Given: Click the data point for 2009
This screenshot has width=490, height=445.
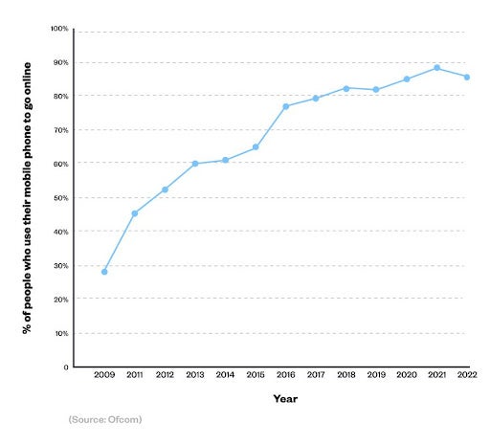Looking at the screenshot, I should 104,272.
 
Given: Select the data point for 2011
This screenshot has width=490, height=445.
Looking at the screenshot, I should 135,213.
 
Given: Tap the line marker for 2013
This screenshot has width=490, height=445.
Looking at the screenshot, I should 194,164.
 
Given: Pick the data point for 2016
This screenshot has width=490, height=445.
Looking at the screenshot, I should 285,106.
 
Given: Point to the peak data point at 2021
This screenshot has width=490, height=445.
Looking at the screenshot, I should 436,68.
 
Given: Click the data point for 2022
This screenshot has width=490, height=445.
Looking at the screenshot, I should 466,78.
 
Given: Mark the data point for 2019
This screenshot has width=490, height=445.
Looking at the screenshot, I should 376,90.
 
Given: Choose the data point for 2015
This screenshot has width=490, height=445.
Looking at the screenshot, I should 256,147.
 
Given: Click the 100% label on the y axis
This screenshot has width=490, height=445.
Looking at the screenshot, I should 58,30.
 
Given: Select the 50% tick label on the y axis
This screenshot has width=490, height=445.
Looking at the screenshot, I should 60,198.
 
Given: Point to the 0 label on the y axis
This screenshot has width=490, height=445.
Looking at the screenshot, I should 65,367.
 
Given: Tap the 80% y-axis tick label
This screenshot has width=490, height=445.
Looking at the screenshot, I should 60,97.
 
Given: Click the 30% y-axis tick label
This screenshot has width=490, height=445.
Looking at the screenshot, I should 60,266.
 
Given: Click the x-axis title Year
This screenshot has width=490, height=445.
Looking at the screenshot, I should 285,398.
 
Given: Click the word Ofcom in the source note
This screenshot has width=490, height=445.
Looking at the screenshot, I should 123,420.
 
